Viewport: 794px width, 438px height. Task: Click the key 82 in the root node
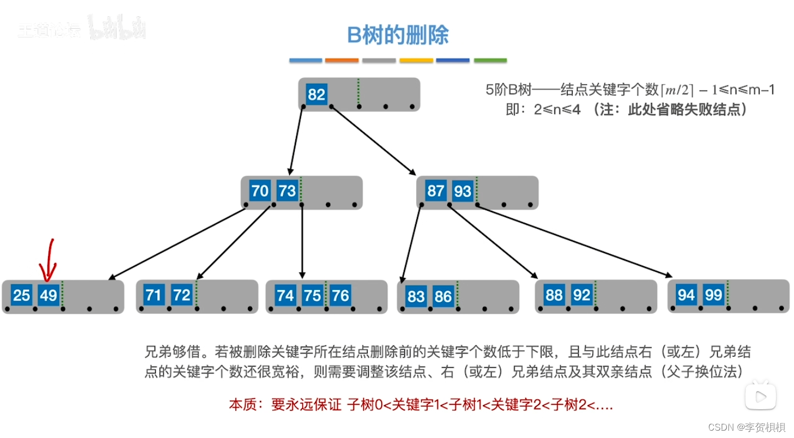(x=316, y=94)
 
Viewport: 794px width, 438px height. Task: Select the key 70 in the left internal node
(x=260, y=191)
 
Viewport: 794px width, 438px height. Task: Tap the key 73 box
(x=287, y=191)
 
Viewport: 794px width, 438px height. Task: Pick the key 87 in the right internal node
(x=435, y=191)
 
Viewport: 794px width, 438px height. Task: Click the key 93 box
(x=463, y=191)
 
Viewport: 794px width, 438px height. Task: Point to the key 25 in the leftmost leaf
(x=21, y=295)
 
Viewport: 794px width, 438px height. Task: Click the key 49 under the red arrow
(x=49, y=295)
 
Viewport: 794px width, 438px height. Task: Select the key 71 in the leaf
(x=154, y=295)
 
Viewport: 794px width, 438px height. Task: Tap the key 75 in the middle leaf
(x=312, y=295)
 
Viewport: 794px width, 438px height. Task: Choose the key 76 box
(x=340, y=295)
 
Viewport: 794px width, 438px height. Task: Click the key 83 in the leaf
(x=416, y=296)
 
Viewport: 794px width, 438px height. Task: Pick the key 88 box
(x=554, y=295)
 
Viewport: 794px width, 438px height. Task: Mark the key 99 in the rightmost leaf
(x=713, y=295)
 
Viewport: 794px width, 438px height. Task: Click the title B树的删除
(x=398, y=36)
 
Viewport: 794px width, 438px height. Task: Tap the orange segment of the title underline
(x=342, y=60)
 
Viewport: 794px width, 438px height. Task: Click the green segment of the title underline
(x=490, y=60)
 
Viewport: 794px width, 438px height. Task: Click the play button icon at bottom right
(x=760, y=394)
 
